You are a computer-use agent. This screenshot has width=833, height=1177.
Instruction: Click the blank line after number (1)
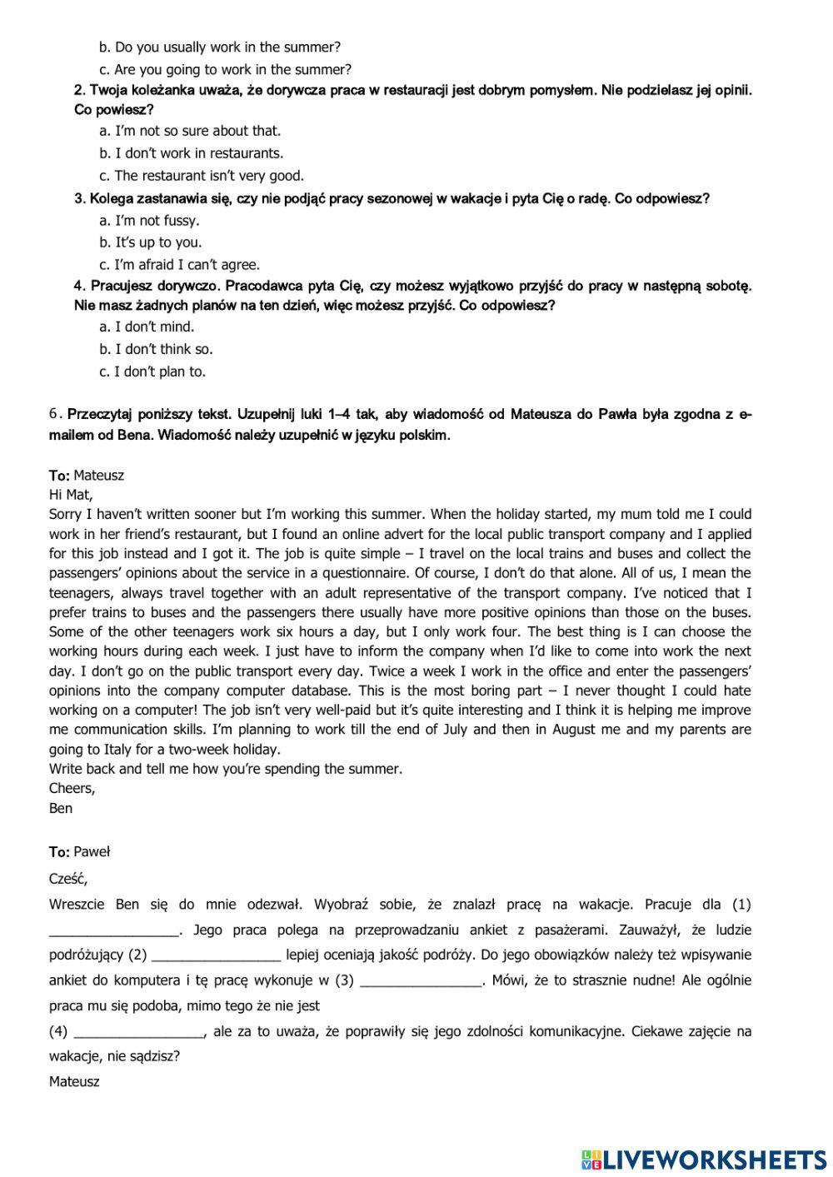(114, 930)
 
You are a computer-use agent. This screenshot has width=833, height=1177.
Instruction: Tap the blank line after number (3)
(421, 981)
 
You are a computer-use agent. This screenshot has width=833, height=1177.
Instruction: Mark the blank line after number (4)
(139, 1032)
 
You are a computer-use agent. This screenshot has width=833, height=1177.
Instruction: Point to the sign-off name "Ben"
(61, 808)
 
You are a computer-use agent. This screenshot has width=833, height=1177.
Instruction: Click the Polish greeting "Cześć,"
(68, 878)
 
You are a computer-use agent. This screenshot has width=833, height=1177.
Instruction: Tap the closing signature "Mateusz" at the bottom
(74, 1082)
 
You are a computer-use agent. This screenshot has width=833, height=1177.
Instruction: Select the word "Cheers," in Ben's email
(72, 788)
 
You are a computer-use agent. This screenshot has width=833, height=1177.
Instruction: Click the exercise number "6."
(56, 414)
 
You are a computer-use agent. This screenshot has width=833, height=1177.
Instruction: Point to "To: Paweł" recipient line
(79, 851)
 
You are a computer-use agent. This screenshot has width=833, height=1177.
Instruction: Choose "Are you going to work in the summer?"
(225, 70)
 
